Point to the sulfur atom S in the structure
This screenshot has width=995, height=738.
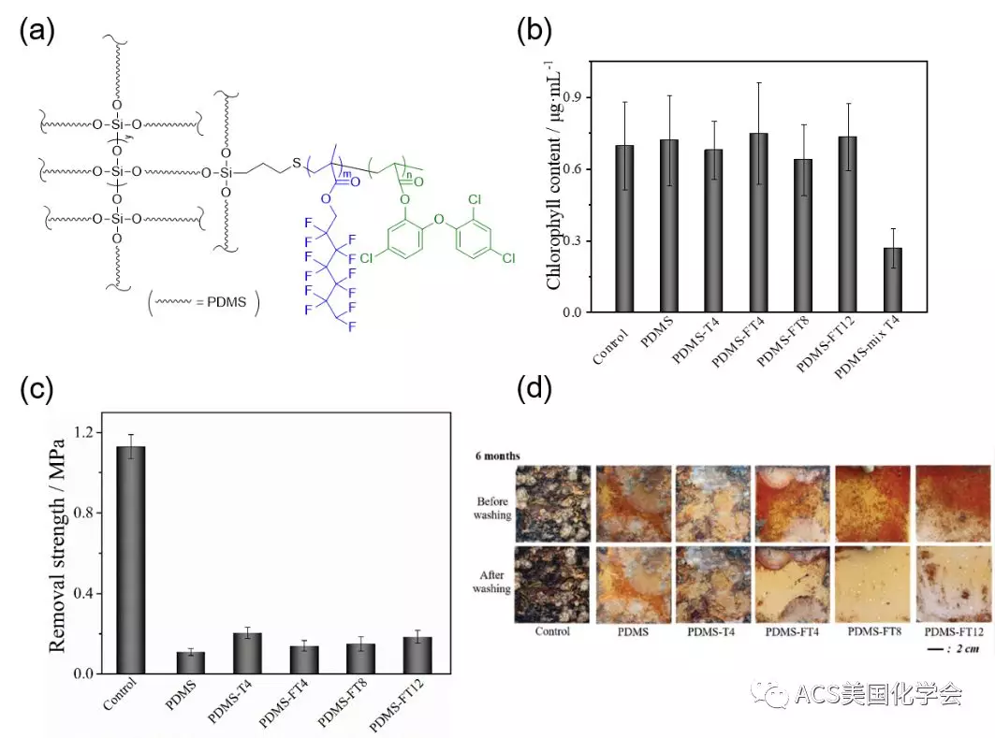[x=296, y=165]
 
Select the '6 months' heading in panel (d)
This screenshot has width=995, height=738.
[x=495, y=456]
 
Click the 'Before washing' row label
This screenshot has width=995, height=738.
[x=490, y=507]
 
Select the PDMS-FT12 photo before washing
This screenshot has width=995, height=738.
[x=951, y=504]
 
